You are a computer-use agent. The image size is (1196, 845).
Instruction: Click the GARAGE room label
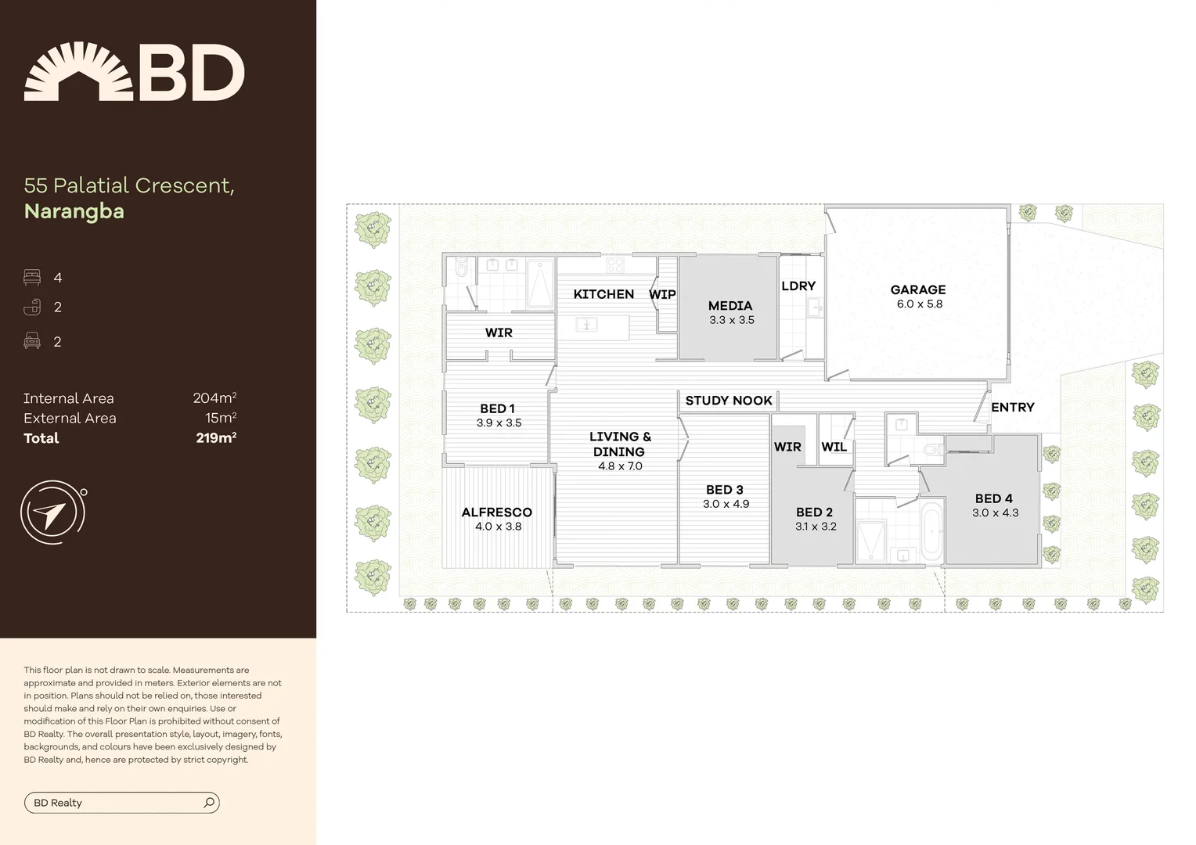click(917, 289)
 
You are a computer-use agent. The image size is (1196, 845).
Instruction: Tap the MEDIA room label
click(729, 306)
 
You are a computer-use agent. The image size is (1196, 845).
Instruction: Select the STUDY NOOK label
click(728, 401)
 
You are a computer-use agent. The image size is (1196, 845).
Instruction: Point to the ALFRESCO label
click(496, 512)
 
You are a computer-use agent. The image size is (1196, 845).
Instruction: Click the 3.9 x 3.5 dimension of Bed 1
click(499, 423)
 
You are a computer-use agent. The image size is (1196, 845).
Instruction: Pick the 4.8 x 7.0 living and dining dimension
click(620, 466)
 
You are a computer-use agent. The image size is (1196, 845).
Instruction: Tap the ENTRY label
click(1012, 408)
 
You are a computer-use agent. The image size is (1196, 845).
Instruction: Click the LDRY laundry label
click(798, 286)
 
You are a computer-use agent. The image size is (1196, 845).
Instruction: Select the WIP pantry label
click(662, 295)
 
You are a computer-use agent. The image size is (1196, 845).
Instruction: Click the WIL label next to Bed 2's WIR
click(834, 448)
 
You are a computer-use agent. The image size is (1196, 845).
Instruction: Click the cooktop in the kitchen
click(615, 265)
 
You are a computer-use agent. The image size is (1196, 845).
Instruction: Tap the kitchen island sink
click(586, 324)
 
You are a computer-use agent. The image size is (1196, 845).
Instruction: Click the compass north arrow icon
click(52, 513)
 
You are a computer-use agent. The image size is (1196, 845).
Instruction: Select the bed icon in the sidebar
click(32, 278)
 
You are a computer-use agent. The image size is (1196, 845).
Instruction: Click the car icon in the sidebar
click(32, 341)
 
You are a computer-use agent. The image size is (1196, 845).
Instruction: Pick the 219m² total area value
click(216, 438)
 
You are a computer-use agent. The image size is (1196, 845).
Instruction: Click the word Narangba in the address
click(74, 211)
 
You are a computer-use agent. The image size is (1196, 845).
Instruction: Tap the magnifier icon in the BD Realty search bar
click(209, 803)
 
